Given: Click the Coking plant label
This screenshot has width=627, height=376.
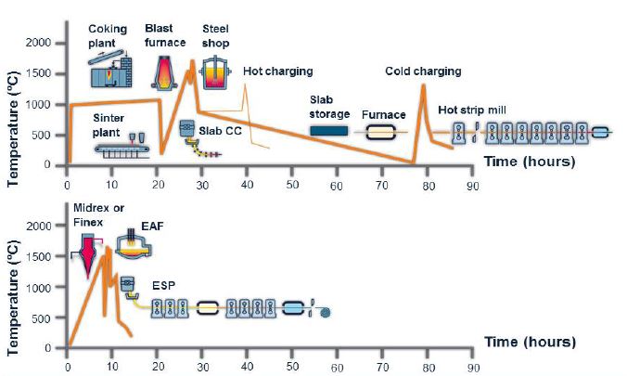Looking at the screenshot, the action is click(x=108, y=35).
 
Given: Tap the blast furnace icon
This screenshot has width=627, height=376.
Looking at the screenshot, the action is click(x=163, y=72).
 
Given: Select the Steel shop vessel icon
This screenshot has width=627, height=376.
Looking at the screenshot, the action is click(x=215, y=73).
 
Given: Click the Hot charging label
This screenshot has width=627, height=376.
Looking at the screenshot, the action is click(x=278, y=71).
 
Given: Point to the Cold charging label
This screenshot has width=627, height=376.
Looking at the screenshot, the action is click(x=423, y=71).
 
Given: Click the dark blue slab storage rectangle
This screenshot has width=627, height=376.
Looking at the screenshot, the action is click(x=329, y=131).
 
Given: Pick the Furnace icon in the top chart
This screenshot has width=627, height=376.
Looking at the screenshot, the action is click(x=380, y=132).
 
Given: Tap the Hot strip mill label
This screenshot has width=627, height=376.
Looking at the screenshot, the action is click(x=472, y=110).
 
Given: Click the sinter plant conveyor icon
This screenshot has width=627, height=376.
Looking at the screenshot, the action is click(x=122, y=149).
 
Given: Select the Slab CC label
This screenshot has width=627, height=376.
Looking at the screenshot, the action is click(x=221, y=131).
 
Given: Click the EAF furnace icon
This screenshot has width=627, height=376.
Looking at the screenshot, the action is click(x=134, y=244).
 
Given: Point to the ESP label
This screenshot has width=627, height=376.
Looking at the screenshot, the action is click(x=163, y=286).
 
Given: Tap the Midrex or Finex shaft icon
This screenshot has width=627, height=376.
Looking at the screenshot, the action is click(x=87, y=253).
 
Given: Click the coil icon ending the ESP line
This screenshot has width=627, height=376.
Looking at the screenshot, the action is click(x=326, y=312).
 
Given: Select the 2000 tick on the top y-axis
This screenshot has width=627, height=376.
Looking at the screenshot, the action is click(x=38, y=43).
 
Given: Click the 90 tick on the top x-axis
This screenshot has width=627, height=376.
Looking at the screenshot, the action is click(x=473, y=187).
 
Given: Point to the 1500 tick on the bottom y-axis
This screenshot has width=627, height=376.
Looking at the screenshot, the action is click(x=38, y=256).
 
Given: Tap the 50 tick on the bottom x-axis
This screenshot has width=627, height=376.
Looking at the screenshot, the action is click(x=292, y=367).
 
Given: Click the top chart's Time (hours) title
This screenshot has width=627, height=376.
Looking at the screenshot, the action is click(x=530, y=162).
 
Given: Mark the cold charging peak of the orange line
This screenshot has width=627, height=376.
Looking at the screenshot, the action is click(x=423, y=84).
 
